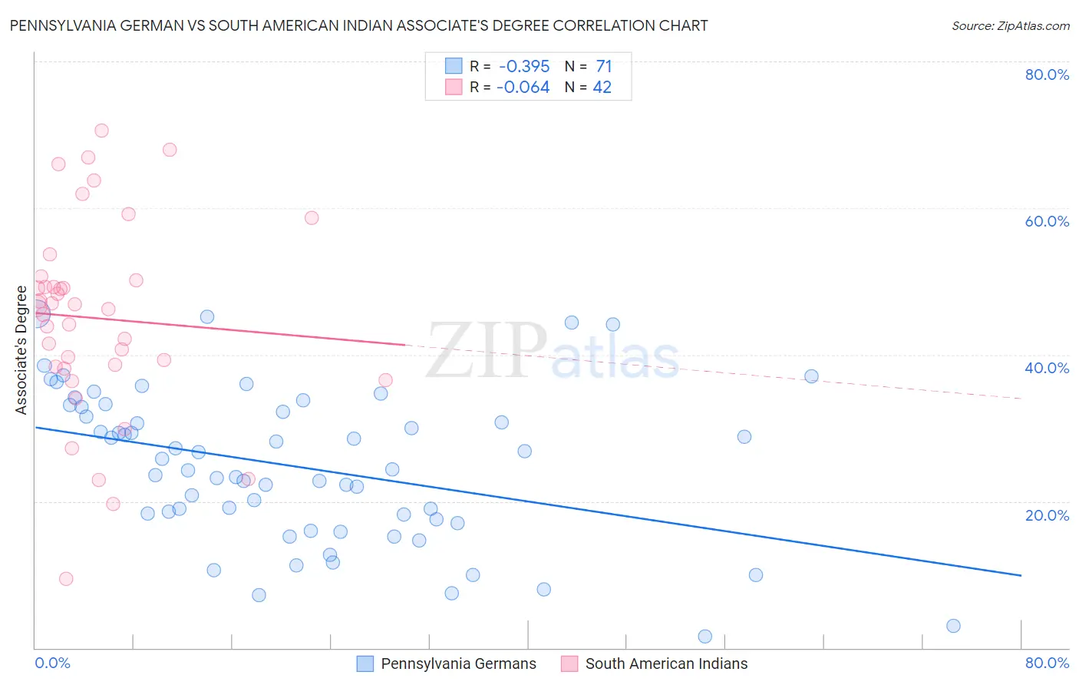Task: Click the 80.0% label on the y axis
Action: (x=1047, y=74)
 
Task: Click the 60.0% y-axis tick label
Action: (x=1047, y=221)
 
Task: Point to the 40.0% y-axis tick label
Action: (x=1047, y=368)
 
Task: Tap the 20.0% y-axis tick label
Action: (x=1047, y=515)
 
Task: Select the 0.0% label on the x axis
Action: (x=52, y=663)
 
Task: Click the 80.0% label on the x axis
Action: (x=1047, y=663)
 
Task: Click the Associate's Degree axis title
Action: (x=21, y=350)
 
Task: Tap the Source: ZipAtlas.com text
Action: (x=1010, y=25)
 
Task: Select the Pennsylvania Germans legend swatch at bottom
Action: (x=365, y=663)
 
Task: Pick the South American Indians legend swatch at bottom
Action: (x=569, y=663)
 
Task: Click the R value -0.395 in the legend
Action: (x=524, y=66)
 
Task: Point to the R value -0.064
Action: (x=523, y=88)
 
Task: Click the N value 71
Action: (x=604, y=66)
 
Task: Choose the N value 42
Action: (x=602, y=88)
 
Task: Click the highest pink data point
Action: (x=101, y=131)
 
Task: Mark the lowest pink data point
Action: (x=66, y=579)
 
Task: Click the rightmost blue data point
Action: (x=953, y=626)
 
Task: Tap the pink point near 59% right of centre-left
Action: (x=312, y=218)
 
